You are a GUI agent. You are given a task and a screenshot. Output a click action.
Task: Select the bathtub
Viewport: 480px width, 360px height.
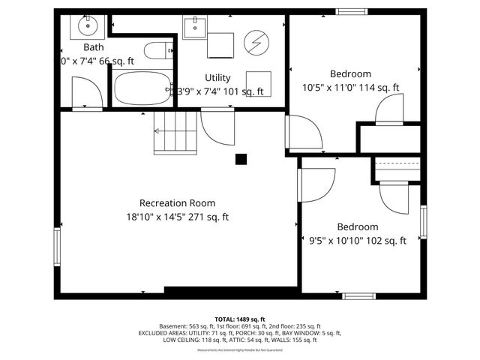coord(142,87)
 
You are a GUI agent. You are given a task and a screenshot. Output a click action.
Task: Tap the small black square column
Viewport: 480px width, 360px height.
coord(241,158)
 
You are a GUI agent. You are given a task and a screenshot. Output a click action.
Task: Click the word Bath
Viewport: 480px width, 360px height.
coord(94,46)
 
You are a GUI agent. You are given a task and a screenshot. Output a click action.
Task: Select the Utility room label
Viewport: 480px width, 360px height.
coord(217,77)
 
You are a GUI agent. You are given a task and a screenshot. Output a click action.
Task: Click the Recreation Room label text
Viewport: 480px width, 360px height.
coord(177,202)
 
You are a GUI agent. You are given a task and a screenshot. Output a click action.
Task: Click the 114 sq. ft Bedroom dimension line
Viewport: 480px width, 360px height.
coord(350,88)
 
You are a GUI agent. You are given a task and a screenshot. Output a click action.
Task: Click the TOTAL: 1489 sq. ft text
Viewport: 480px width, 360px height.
coord(239,319)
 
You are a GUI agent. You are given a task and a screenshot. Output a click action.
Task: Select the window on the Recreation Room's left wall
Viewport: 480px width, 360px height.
coord(57,247)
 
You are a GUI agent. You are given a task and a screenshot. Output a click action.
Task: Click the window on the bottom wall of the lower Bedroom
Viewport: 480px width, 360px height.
coord(358,295)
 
